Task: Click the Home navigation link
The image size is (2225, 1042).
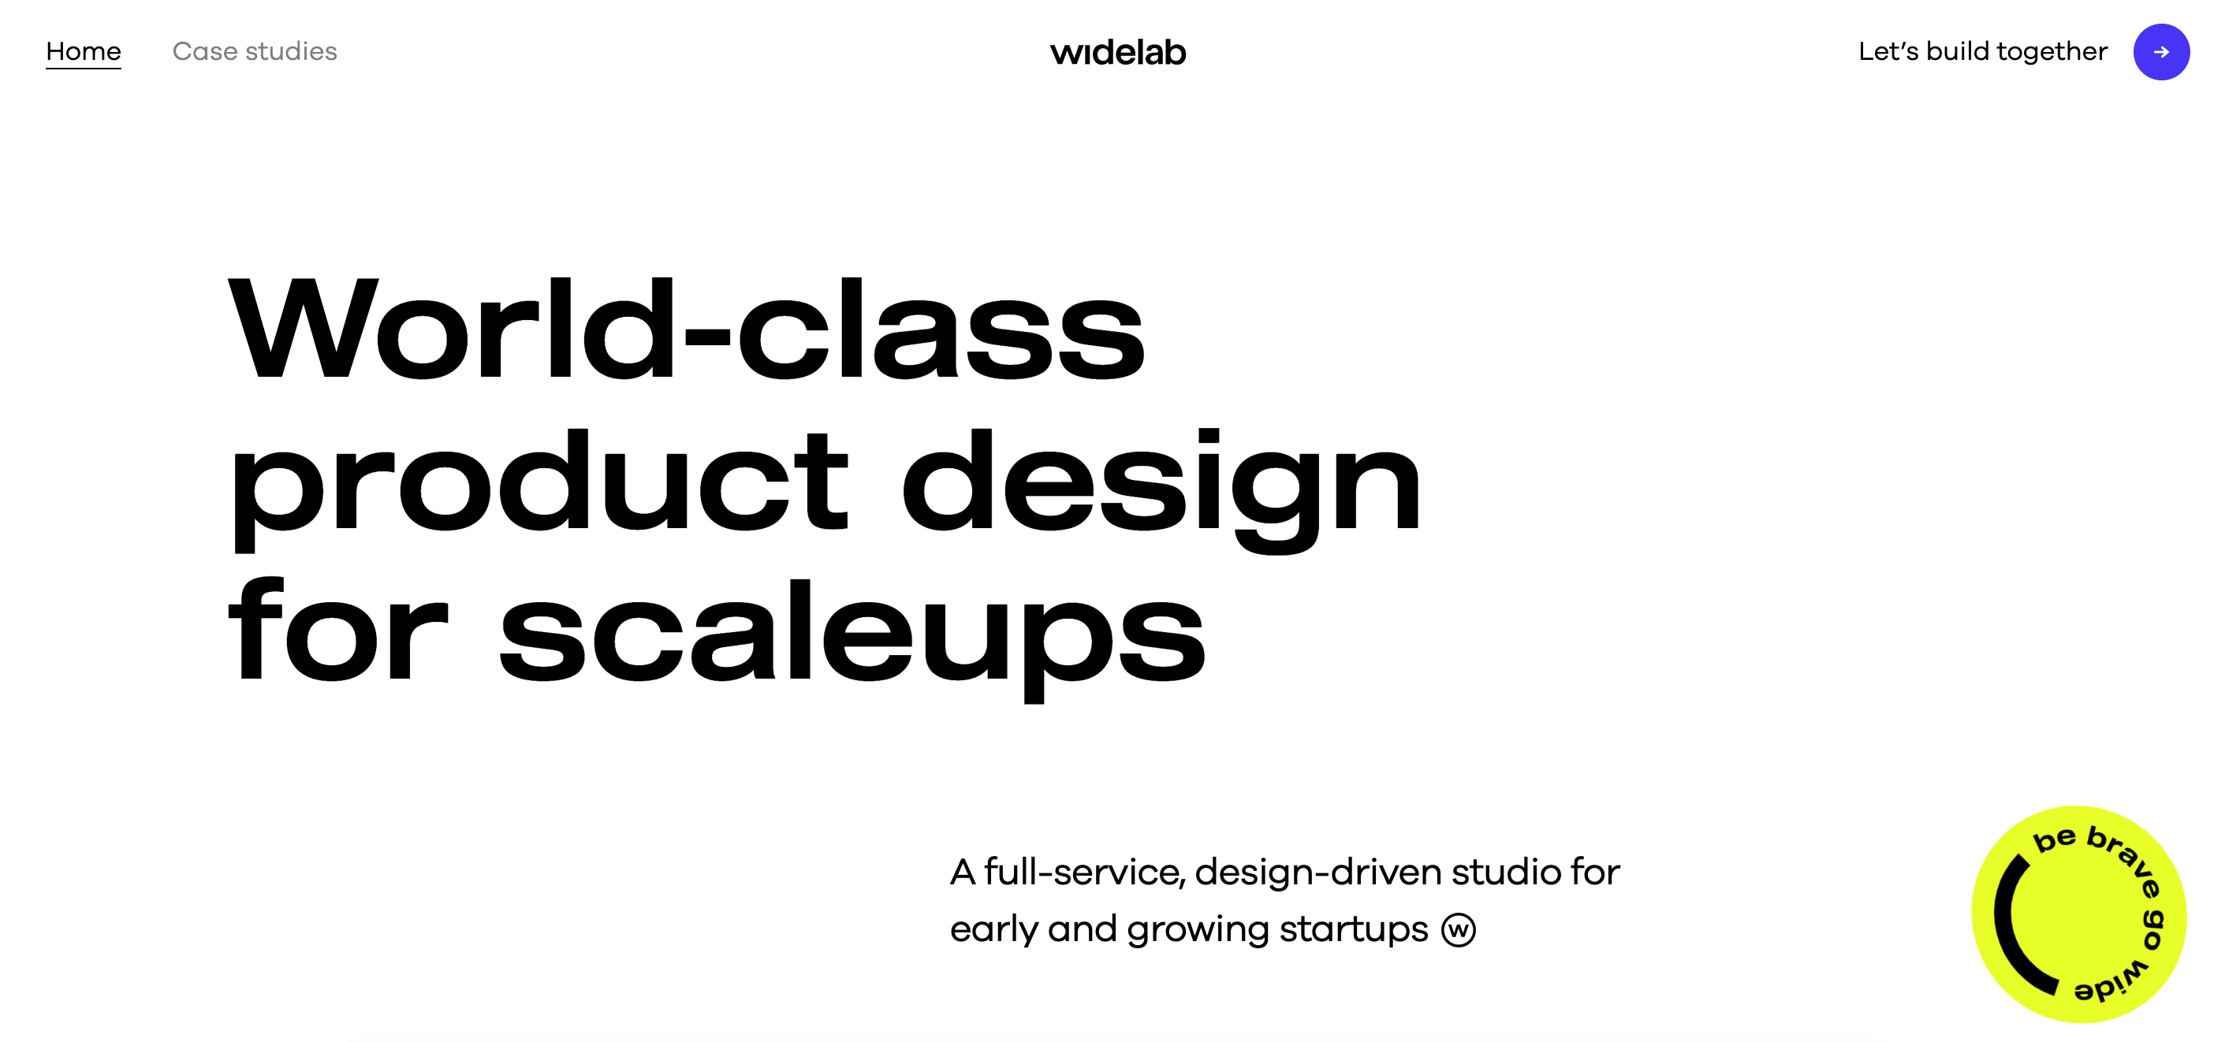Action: [83, 52]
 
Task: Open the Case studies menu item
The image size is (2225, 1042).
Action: [255, 52]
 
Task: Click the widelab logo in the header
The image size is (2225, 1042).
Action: [1118, 53]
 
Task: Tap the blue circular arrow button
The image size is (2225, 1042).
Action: [2161, 52]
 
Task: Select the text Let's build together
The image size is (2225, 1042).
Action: [1982, 52]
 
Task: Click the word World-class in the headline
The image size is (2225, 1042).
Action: [686, 329]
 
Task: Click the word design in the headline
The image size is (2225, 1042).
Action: [1161, 488]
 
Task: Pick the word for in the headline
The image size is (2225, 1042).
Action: [337, 628]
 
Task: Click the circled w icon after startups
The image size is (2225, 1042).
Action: [1459, 930]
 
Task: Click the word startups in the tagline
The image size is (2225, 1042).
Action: [1354, 931]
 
